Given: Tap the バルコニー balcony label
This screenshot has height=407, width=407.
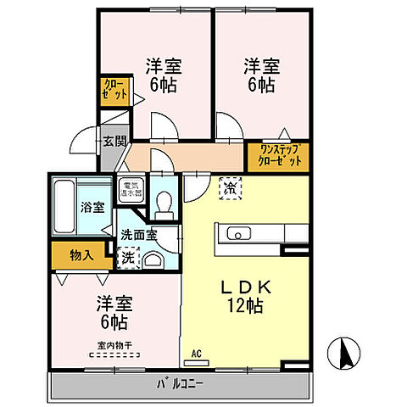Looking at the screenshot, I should [x=180, y=384].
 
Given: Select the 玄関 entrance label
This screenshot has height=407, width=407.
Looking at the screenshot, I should [x=114, y=141].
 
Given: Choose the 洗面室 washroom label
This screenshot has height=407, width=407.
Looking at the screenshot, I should [x=137, y=235].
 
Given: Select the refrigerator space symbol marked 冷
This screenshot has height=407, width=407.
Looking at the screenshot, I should [x=229, y=187].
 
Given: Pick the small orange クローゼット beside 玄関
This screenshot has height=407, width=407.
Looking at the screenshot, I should [x=112, y=89].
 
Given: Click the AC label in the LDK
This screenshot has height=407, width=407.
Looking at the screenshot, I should [x=196, y=353].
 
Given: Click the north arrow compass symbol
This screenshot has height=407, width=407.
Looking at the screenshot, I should [x=346, y=351].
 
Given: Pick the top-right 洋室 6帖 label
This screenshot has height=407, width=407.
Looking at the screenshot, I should [x=262, y=75].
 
